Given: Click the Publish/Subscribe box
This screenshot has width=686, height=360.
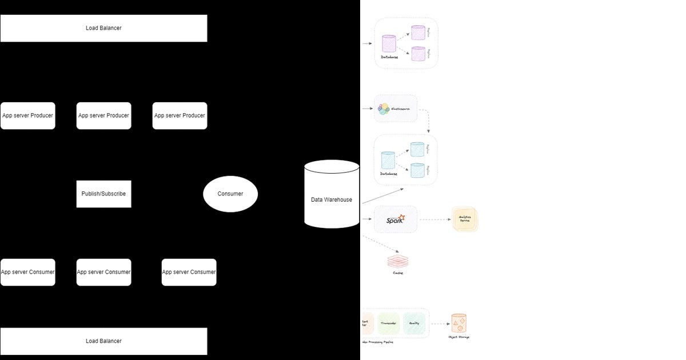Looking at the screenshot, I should coord(103,194).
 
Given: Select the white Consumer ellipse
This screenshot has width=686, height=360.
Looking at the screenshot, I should coord(230,194).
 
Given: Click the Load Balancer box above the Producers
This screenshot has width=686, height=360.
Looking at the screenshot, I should coord(103,28).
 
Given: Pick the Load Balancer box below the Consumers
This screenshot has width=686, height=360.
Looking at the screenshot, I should coord(103,341).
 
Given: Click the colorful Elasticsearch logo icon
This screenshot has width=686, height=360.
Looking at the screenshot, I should coord(384,108).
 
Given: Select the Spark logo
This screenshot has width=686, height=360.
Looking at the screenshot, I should coord(395,219).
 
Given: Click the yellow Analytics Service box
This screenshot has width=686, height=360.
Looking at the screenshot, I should coord(464,219).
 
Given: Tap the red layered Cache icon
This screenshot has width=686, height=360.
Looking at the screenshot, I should coord(398,261).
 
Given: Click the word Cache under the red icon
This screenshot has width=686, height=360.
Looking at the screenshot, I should coord(398,273).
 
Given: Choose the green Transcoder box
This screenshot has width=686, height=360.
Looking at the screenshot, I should coord(389,323).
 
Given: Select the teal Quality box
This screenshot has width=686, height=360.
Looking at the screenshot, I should coord(414,323).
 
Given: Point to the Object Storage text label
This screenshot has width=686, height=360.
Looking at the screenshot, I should coord(459,337).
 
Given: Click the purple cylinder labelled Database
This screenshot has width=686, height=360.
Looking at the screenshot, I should coord(389,44).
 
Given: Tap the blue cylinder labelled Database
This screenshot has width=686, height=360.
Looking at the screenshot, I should coord(388,160).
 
